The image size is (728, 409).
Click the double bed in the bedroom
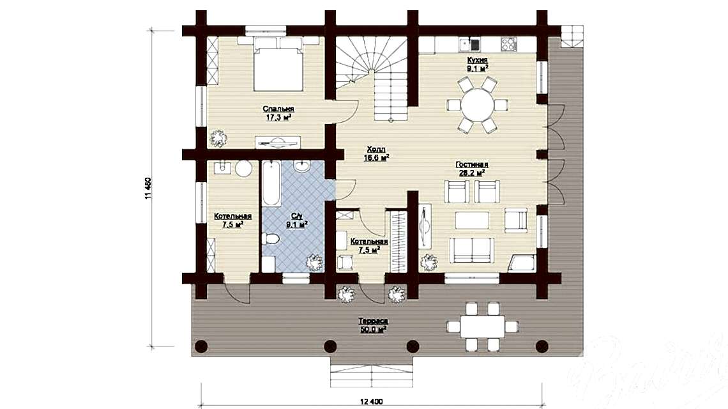[278, 66]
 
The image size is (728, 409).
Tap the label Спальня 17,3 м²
[278, 113]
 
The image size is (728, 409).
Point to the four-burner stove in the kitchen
[509, 44]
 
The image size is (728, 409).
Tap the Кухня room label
[477, 62]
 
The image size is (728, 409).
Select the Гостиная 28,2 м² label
[472, 168]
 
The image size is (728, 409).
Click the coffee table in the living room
[472, 220]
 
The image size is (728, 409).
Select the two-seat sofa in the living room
[469, 249]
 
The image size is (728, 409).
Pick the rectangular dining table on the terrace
[482, 327]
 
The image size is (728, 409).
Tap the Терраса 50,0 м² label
[373, 325]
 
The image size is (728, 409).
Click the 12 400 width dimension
[371, 401]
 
